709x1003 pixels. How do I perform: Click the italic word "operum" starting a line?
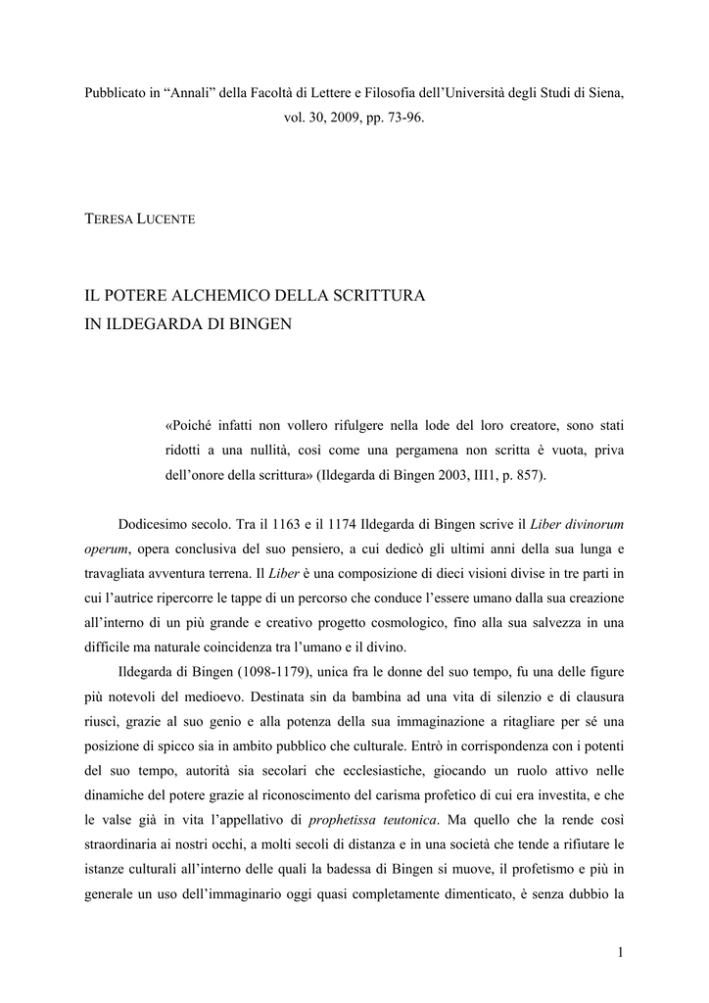click(107, 548)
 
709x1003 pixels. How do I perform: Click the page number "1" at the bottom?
click(621, 951)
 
